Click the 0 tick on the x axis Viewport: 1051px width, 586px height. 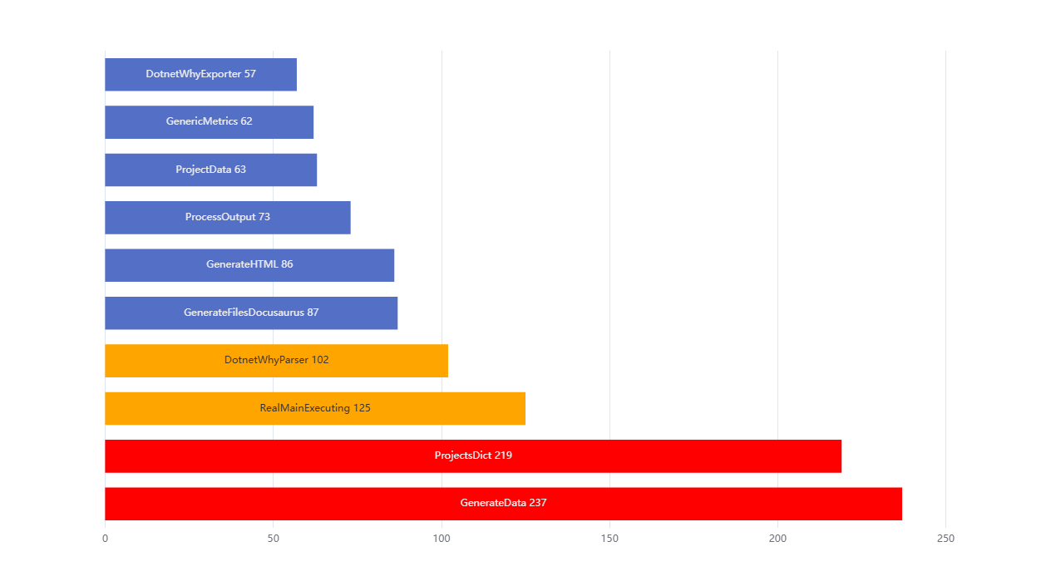pyautogui.click(x=105, y=539)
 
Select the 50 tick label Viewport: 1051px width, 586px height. pyautogui.click(x=273, y=539)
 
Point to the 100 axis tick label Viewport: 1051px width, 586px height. pyautogui.click(x=442, y=539)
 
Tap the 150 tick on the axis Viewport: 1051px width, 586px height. pyautogui.click(x=609, y=539)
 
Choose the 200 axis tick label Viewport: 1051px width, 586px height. pyautogui.click(x=777, y=539)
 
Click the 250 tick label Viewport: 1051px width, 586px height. pyautogui.click(x=945, y=539)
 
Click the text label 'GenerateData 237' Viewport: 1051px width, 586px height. pyautogui.click(x=503, y=503)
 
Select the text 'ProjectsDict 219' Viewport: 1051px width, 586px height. pyautogui.click(x=473, y=456)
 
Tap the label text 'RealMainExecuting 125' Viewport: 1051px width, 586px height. pyautogui.click(x=315, y=408)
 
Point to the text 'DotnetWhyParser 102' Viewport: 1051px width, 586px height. pyautogui.click(x=276, y=361)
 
